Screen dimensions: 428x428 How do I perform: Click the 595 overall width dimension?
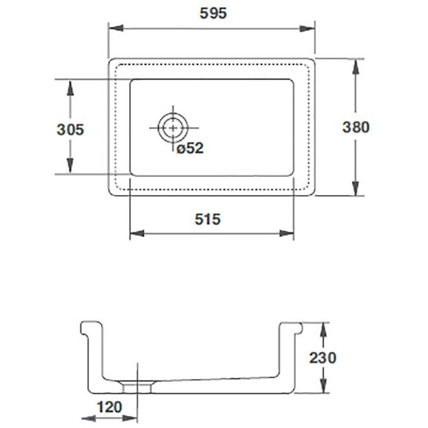(x=213, y=14)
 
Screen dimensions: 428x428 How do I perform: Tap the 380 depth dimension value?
(x=356, y=127)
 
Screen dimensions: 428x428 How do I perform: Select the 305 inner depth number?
(x=70, y=129)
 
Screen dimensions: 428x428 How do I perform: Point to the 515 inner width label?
(x=207, y=219)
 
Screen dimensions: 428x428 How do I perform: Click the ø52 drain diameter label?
(x=190, y=148)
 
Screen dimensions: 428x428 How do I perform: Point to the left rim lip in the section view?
(x=85, y=328)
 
